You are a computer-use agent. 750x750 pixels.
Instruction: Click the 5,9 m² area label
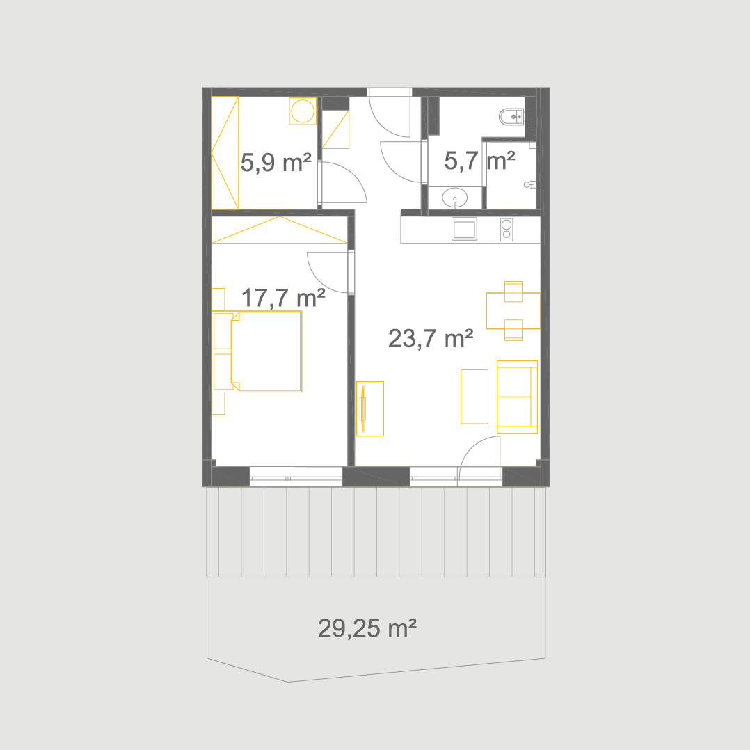pyautogui.click(x=276, y=163)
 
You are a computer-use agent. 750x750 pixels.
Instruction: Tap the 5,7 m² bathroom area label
pyautogui.click(x=480, y=161)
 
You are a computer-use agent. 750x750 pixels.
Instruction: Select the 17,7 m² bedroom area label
pyautogui.click(x=283, y=298)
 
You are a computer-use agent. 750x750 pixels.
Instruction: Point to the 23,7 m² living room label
pyautogui.click(x=431, y=339)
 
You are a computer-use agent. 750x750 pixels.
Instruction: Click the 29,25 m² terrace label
pyautogui.click(x=367, y=628)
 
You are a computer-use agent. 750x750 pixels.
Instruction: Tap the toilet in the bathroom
pyautogui.click(x=512, y=117)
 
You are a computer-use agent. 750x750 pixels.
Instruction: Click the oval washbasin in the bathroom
pyautogui.click(x=455, y=198)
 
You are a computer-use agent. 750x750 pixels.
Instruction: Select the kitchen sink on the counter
pyautogui.click(x=464, y=229)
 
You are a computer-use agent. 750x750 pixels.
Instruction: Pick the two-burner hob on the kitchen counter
pyautogui.click(x=506, y=230)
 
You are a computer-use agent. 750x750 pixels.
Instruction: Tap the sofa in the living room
pyautogui.click(x=518, y=397)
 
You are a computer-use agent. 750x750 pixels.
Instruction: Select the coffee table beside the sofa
pyautogui.click(x=474, y=397)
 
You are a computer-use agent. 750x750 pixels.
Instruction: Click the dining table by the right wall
pyautogui.click(x=513, y=311)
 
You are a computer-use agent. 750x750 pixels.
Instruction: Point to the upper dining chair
pyautogui.click(x=513, y=292)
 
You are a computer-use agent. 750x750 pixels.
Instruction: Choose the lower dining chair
pyautogui.click(x=513, y=330)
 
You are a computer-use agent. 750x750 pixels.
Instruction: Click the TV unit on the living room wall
pyautogui.click(x=369, y=408)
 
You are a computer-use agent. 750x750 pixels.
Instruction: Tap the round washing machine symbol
pyautogui.click(x=303, y=111)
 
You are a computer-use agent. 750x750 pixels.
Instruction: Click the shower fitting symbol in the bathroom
pyautogui.click(x=529, y=184)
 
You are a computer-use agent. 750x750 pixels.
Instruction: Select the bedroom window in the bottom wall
pyautogui.click(x=296, y=477)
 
